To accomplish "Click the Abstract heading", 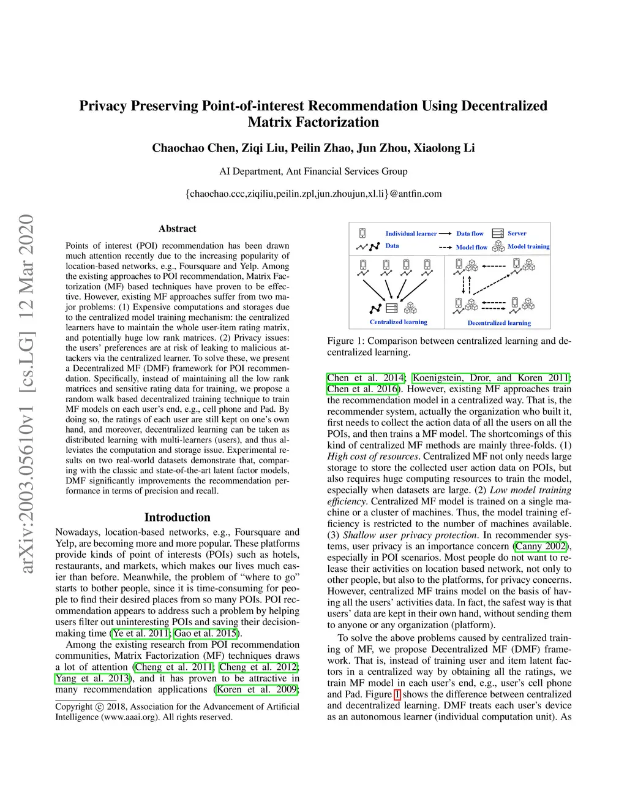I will (x=178, y=229).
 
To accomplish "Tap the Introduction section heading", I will (x=178, y=517).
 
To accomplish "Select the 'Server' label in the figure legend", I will (x=517, y=233).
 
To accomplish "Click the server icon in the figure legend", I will (x=497, y=233).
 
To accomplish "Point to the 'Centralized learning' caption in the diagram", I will (x=399, y=322).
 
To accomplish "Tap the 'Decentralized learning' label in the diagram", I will (x=499, y=323).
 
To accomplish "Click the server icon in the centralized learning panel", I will (x=392, y=308).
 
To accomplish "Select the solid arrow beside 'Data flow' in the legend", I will (x=445, y=233).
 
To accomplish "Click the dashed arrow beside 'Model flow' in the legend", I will (x=445, y=248).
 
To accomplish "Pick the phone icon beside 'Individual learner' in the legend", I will (x=362, y=233).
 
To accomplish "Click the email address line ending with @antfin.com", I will (x=313, y=194).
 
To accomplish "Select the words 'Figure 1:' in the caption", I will (x=345, y=341).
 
